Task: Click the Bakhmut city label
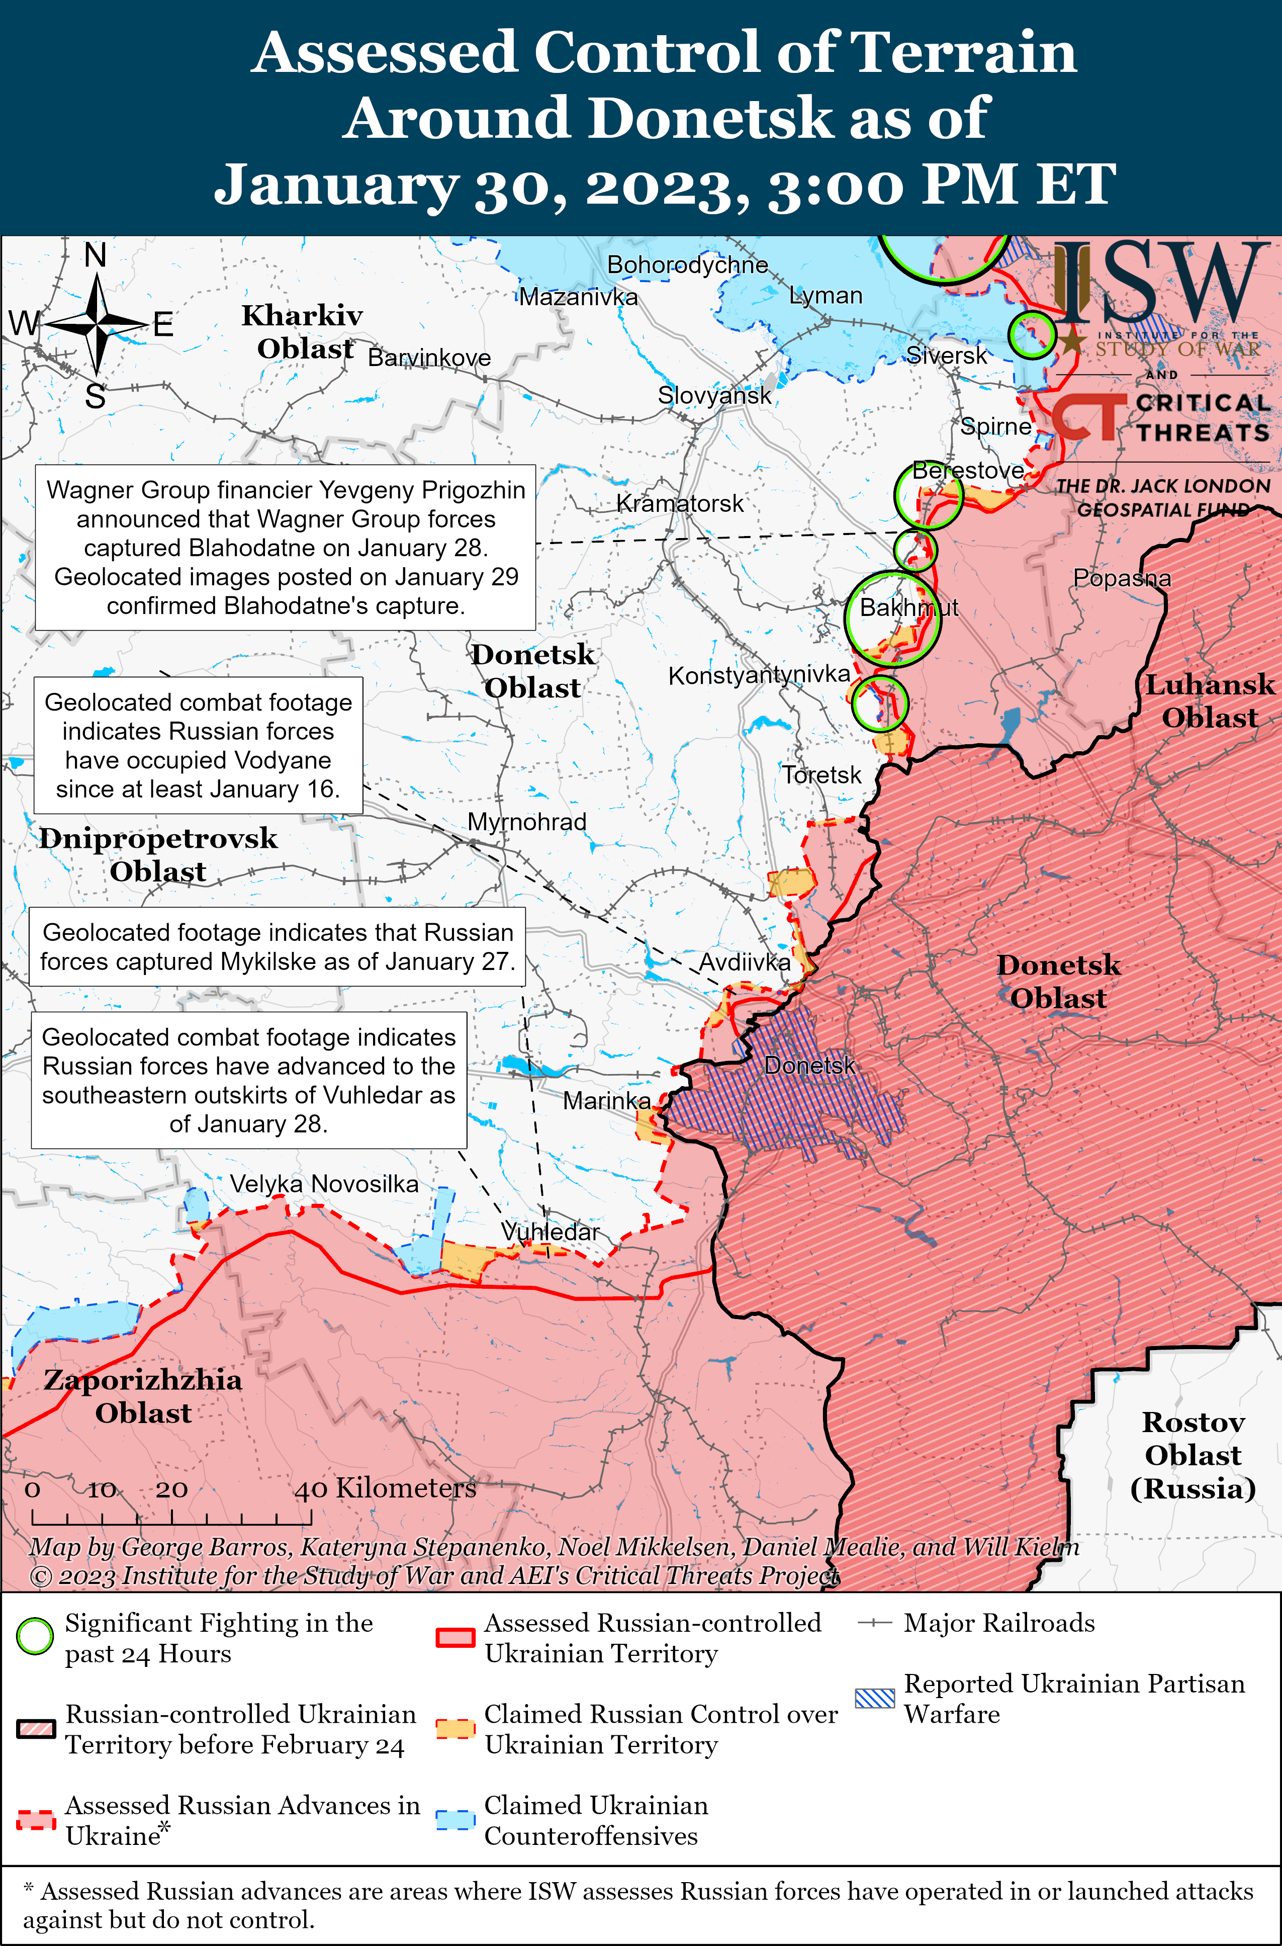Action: coord(908,607)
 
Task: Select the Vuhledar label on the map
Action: coord(550,1231)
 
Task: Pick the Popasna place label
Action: coord(1122,578)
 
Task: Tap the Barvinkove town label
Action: coord(429,358)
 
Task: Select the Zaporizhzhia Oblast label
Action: coord(143,1396)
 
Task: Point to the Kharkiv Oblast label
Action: coord(303,332)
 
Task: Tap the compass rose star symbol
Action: coord(97,325)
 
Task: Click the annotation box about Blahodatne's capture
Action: coord(286,547)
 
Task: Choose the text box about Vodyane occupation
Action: coord(198,745)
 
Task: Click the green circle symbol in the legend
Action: coord(35,1637)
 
